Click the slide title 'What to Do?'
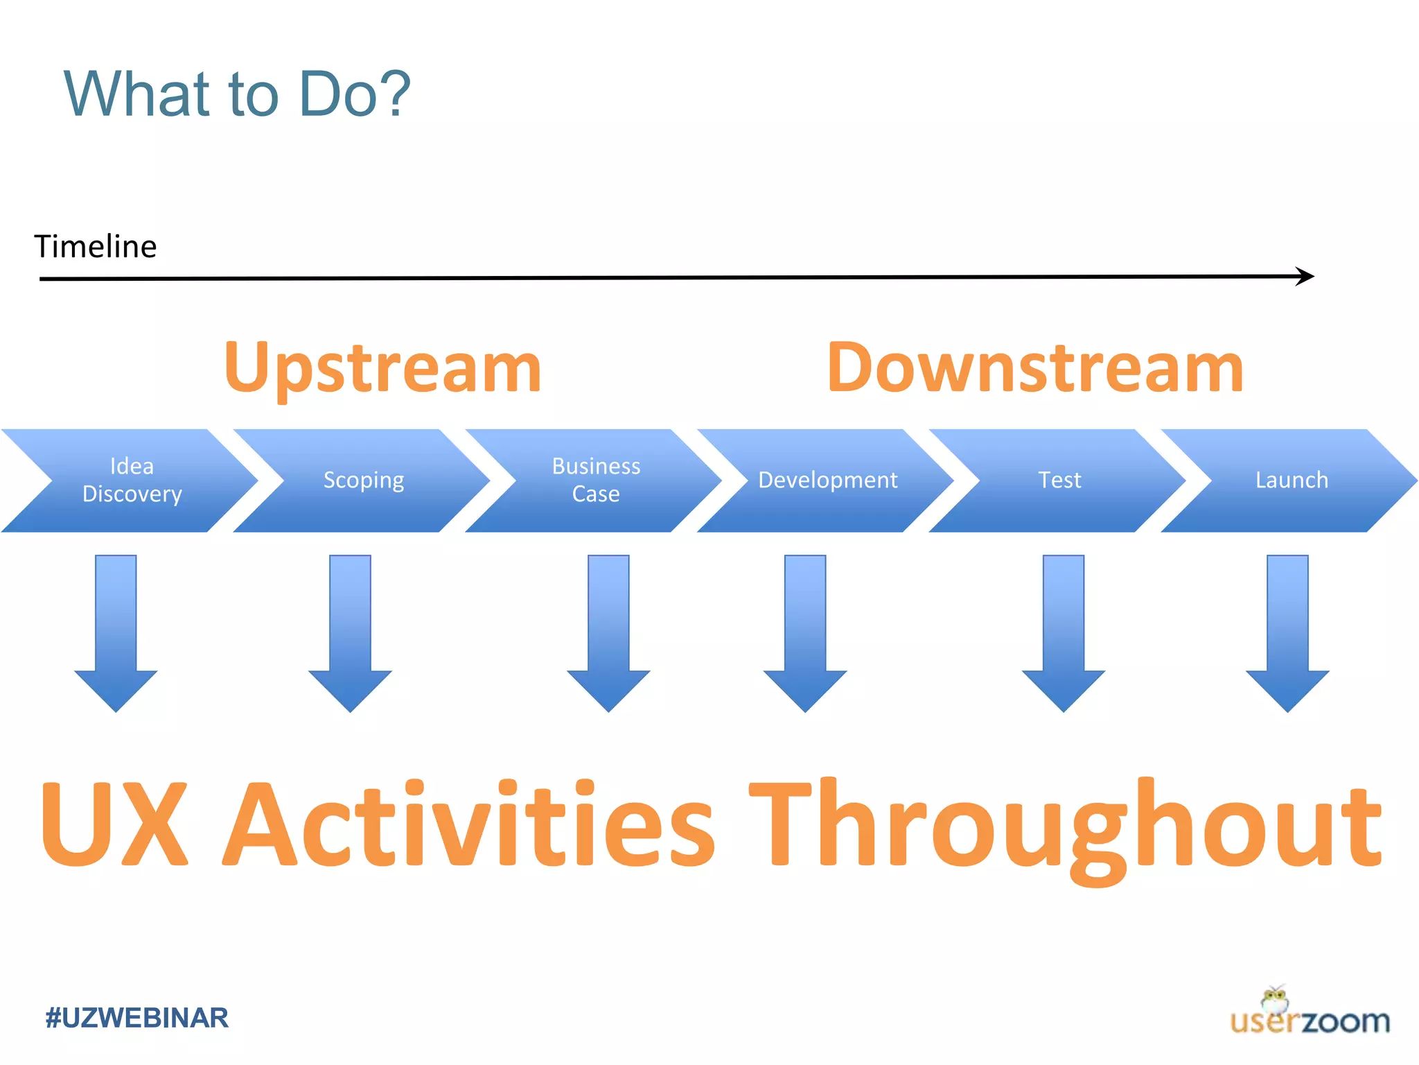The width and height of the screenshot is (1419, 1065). pos(237,94)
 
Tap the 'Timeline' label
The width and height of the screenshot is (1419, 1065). pos(96,247)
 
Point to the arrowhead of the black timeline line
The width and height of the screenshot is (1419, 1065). pos(1306,276)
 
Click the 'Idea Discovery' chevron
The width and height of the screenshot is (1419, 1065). pos(132,480)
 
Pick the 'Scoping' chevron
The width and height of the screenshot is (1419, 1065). pos(364,480)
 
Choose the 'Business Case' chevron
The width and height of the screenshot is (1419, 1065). pos(596,480)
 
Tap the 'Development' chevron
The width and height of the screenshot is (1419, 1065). pos(827,480)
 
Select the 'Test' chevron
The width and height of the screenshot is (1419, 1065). pos(1059,480)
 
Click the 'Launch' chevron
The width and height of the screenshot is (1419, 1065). pos(1292,480)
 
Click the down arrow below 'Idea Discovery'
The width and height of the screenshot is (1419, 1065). pos(116,631)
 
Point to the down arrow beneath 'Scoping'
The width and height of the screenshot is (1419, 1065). pos(350,631)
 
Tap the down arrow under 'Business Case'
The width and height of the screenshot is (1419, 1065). pos(608,631)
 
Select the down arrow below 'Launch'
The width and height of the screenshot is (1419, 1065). pos(1287,631)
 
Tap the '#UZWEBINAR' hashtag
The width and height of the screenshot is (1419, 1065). pos(136,1018)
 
